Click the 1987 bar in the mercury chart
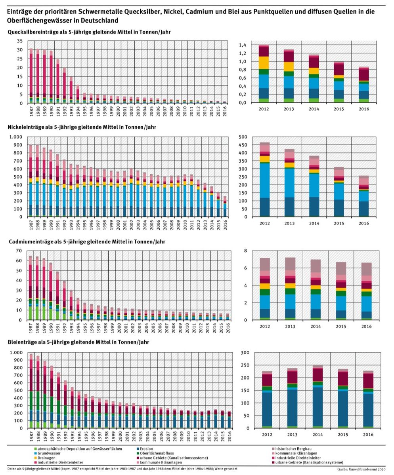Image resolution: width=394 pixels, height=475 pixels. [31, 76]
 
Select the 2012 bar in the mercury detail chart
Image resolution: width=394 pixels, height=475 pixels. [264, 74]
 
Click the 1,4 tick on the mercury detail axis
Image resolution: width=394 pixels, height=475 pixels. [242, 45]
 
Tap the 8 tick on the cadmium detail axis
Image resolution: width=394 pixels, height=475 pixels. [245, 251]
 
